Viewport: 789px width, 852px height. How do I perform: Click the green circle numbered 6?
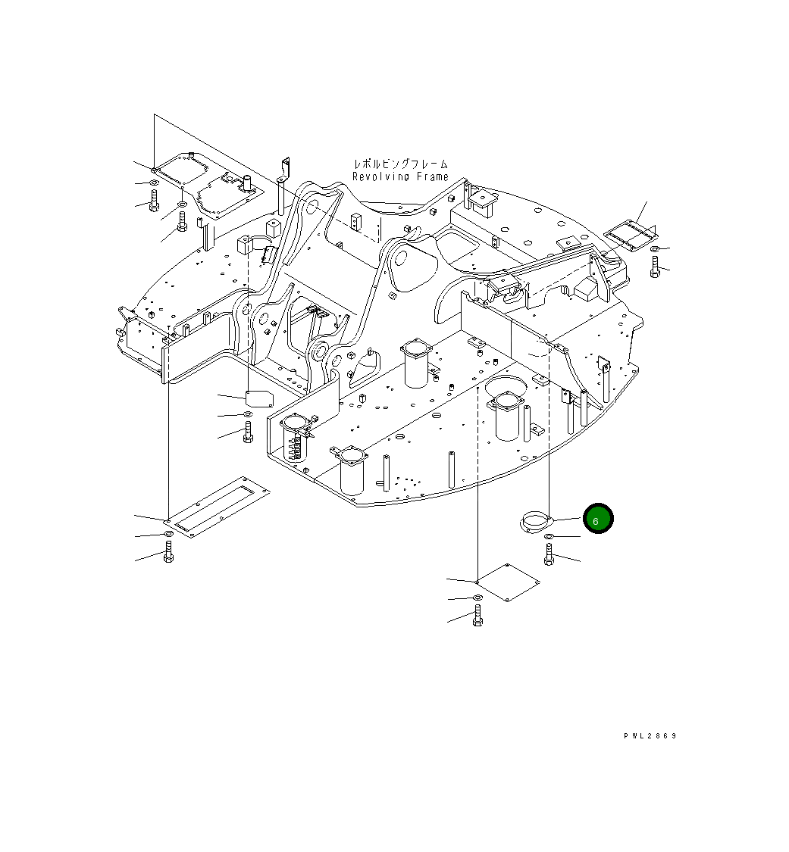tap(596, 520)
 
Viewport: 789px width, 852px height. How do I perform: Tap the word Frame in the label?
tap(433, 176)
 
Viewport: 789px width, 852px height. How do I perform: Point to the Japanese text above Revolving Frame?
tap(400, 164)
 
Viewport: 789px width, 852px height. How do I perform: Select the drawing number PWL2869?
tap(650, 736)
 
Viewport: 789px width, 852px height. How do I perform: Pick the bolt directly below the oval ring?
tap(548, 554)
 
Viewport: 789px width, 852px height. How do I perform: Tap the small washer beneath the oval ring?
tap(549, 537)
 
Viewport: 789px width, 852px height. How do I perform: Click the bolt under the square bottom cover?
tap(477, 616)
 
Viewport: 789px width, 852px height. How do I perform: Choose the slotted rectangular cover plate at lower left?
tap(218, 507)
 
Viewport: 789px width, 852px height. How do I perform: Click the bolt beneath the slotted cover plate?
tap(168, 553)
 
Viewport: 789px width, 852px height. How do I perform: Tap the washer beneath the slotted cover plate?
tap(168, 535)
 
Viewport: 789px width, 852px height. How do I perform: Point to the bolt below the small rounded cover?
tap(248, 433)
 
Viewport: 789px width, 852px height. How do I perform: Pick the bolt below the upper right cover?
tap(655, 266)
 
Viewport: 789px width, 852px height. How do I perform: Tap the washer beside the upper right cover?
tap(655, 248)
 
